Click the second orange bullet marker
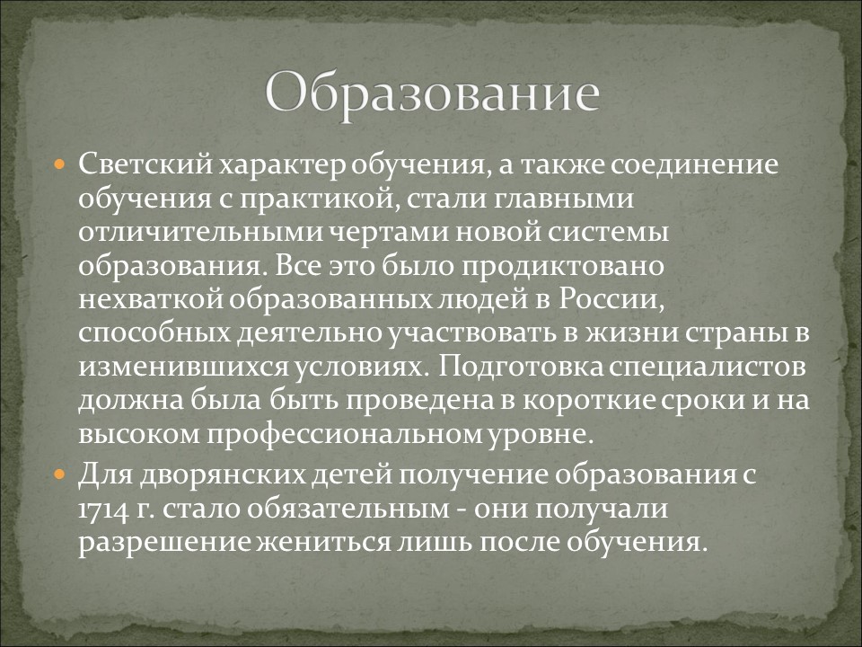pos(59,473)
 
